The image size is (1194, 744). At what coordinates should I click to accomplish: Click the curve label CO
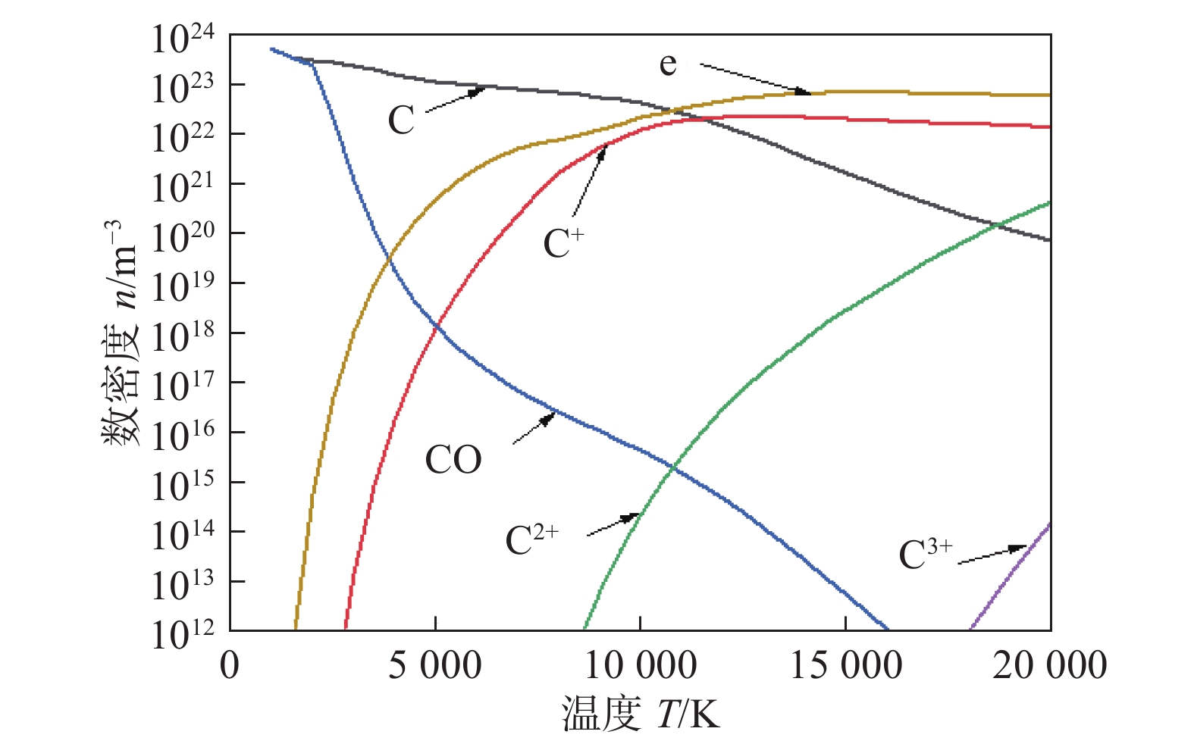(453, 460)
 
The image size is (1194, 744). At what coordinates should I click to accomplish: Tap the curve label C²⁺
(531, 539)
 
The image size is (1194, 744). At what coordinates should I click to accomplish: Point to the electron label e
(667, 64)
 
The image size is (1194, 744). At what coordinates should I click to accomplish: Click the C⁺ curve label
(563, 242)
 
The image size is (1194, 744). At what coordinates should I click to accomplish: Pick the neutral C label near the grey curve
(401, 120)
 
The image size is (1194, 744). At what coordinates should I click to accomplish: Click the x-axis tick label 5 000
(434, 666)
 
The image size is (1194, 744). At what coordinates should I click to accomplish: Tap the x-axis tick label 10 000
(640, 666)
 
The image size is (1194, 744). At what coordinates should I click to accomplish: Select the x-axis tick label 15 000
(845, 666)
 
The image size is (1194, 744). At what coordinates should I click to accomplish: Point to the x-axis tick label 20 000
(1050, 666)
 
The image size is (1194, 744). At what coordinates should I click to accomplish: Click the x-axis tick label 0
(229, 666)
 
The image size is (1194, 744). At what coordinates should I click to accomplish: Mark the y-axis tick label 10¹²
(183, 635)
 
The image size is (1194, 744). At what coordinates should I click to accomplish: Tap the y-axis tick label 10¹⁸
(183, 337)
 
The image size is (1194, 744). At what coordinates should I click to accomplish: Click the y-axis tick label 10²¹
(183, 188)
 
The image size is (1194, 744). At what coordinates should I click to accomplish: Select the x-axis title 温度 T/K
(640, 714)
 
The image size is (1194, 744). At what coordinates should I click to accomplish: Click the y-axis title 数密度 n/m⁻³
(121, 333)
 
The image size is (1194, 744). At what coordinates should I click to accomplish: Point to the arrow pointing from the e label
(754, 79)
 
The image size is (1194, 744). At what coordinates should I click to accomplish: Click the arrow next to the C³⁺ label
(992, 555)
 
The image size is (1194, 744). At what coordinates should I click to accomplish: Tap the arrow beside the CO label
(534, 429)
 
